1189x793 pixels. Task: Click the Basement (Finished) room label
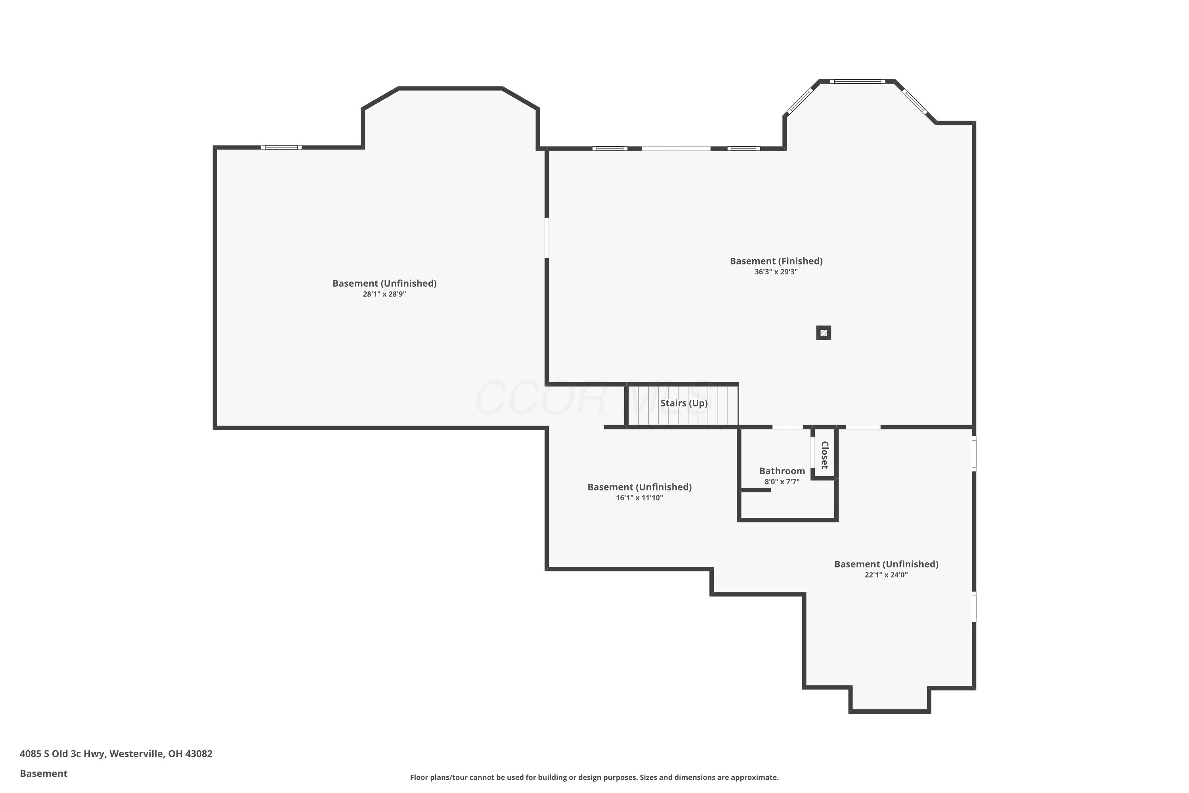pos(776,261)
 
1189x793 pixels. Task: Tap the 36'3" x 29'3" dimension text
pos(776,272)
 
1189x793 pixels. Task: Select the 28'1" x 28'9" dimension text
pos(384,294)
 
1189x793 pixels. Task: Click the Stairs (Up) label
pos(684,403)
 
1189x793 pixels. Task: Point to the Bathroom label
pos(782,471)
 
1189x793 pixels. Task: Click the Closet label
pos(824,455)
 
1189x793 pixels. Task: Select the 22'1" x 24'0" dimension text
pos(886,575)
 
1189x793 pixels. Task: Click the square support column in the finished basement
pos(824,333)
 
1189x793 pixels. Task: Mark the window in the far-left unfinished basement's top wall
pos(281,147)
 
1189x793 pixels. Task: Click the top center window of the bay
pos(857,81)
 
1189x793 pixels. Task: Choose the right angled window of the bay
pos(916,102)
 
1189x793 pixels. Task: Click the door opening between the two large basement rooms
pos(547,238)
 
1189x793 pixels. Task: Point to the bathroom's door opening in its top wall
pos(787,427)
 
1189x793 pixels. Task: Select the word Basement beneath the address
pos(44,773)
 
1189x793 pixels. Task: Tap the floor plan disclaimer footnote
pos(594,777)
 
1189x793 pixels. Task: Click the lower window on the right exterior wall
pos(974,607)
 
